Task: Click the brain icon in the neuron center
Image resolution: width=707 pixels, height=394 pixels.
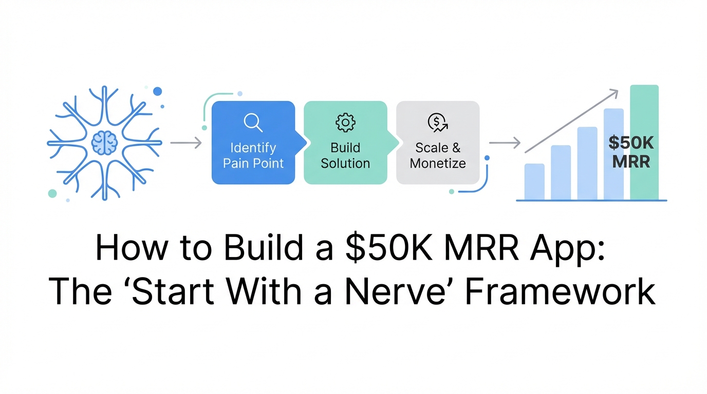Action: tap(105, 143)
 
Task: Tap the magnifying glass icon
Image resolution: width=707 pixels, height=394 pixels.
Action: tap(253, 122)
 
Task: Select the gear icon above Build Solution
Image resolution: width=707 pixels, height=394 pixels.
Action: tap(345, 122)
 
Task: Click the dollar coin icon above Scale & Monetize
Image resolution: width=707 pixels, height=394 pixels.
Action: tap(437, 122)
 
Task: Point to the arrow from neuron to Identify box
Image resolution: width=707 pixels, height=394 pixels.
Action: tap(185, 143)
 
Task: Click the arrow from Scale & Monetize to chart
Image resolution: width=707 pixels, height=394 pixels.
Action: tap(505, 143)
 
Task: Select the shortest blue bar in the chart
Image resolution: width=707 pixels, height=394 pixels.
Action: tap(534, 182)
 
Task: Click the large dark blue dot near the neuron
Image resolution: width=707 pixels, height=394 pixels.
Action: tap(157, 91)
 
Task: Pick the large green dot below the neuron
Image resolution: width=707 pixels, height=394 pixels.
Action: tap(52, 193)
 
